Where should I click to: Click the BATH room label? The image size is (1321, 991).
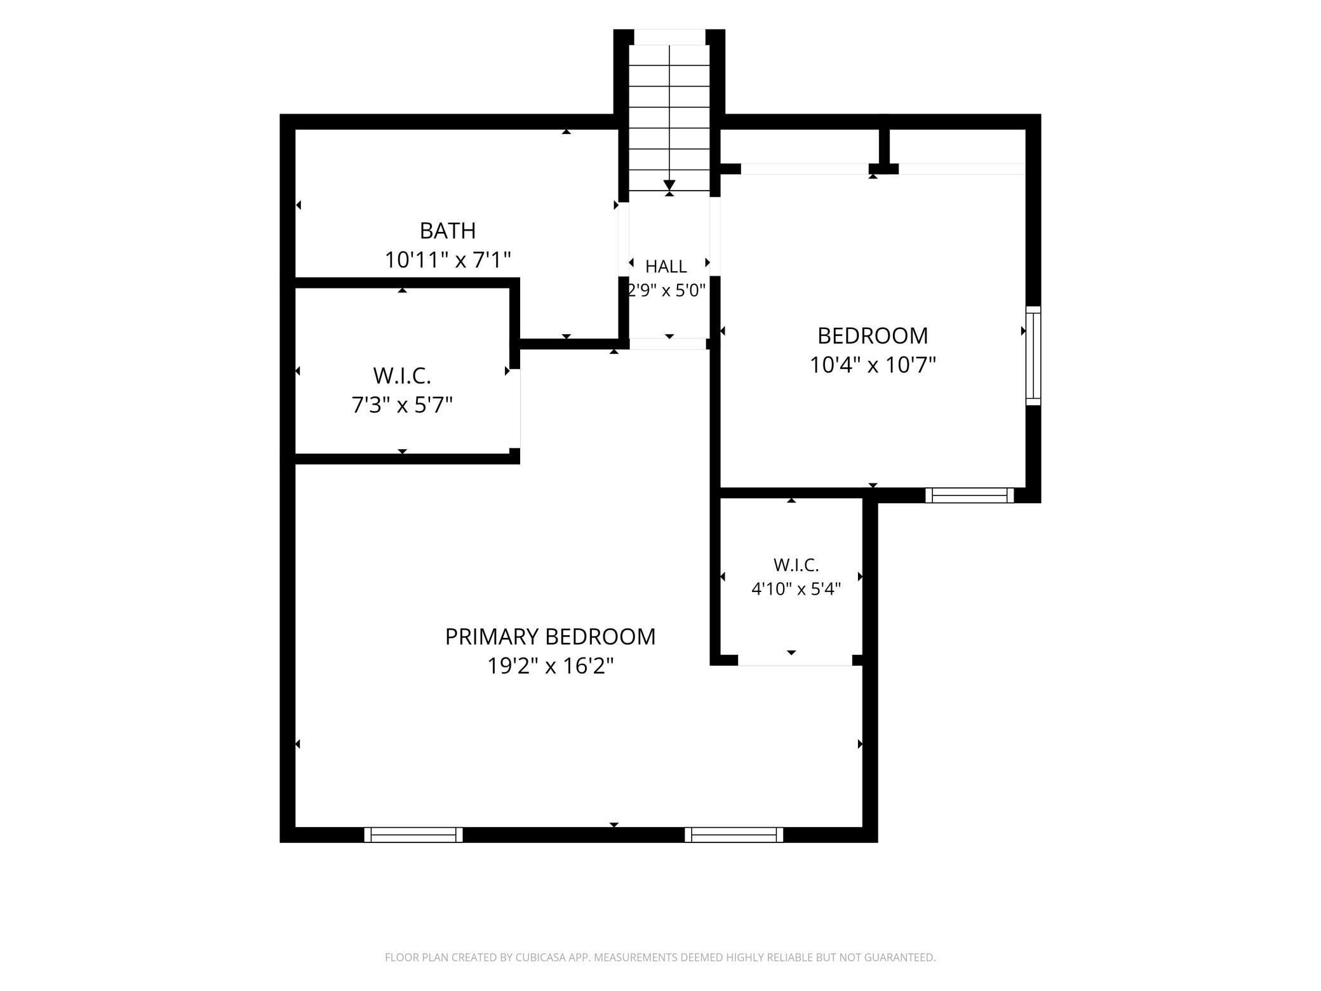coord(448,231)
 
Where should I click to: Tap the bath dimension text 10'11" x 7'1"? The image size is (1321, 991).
coord(448,260)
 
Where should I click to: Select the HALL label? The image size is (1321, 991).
coord(666,266)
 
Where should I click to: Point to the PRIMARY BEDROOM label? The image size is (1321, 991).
coord(550,637)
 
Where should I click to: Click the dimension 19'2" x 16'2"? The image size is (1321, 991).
coord(550,666)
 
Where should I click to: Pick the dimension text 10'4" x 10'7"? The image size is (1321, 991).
coord(873,365)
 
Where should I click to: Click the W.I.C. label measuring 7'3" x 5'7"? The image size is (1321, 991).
coord(402,376)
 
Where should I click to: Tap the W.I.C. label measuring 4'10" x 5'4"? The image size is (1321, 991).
coord(796,565)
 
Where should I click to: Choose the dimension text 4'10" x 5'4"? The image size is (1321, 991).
coord(796,589)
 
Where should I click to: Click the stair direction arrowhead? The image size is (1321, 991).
coord(669,185)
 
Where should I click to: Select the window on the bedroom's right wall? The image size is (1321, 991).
coord(1033,355)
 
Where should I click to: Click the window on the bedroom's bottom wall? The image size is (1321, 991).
coord(969,495)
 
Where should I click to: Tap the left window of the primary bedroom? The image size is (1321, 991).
coord(413,835)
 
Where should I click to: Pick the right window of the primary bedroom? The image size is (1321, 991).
coord(734,835)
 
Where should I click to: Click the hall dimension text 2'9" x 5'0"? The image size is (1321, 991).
coord(666,290)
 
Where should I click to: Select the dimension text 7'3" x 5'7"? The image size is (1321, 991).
coord(402,405)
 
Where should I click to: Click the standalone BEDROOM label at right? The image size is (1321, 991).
coord(873,335)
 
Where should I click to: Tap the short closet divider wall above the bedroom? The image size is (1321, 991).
coord(884,147)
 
